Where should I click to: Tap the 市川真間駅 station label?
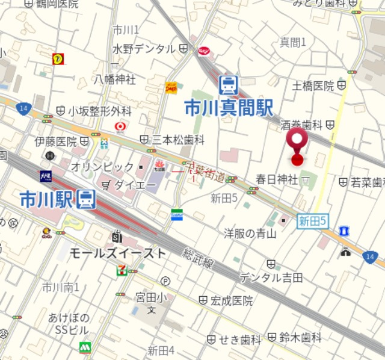(x=229, y=108)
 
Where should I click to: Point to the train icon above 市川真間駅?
(x=228, y=85)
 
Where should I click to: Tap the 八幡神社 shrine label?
(x=114, y=79)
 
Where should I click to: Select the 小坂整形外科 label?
(x=99, y=111)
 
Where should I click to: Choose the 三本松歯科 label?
(x=177, y=140)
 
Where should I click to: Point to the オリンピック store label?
(x=102, y=166)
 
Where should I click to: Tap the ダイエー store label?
(x=130, y=185)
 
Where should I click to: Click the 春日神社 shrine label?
(x=277, y=179)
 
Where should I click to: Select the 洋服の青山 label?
(x=250, y=232)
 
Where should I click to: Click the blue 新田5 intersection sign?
(x=313, y=221)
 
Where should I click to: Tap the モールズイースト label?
(x=117, y=253)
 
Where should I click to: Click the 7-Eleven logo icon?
(x=122, y=269)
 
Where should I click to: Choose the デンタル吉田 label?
(x=271, y=277)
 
